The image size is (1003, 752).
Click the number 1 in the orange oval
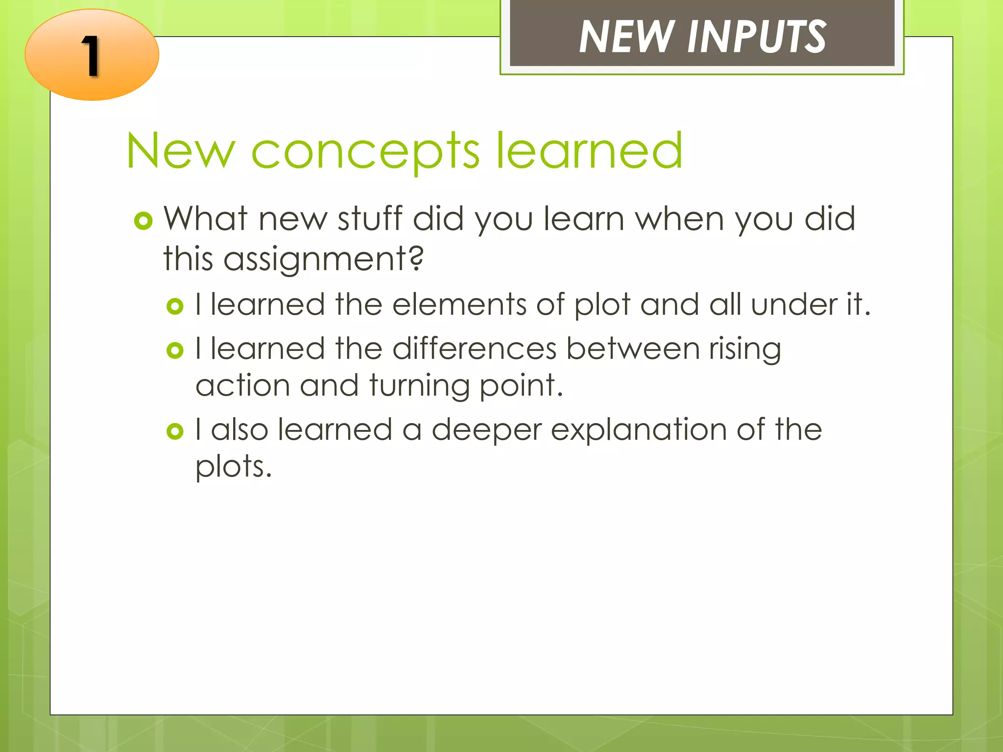[91, 56]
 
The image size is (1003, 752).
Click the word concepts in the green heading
[365, 152]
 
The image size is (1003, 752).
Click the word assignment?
[323, 259]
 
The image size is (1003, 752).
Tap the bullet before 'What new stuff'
[143, 221]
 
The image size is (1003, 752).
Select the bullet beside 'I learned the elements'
[175, 307]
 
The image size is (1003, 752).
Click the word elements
[459, 305]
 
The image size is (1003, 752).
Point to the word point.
[521, 387]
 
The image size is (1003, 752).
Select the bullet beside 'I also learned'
[175, 431]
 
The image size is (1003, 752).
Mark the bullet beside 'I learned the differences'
[175, 351]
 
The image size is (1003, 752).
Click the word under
[794, 305]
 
